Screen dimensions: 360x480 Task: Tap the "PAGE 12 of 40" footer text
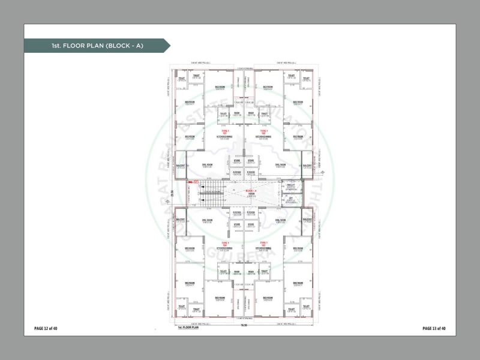[x=46, y=328]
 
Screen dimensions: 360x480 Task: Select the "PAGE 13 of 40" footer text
[x=434, y=328]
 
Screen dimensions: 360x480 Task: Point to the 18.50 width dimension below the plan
[x=244, y=325]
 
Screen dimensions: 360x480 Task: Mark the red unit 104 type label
[x=226, y=243]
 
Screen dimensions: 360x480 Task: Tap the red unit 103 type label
[x=263, y=243]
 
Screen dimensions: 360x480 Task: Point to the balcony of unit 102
[x=307, y=166]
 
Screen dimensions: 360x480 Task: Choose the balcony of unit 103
[x=307, y=220]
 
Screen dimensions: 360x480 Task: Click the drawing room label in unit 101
[x=207, y=166]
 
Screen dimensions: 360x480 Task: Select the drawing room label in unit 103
[x=280, y=220]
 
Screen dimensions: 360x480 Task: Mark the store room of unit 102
[x=251, y=161]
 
